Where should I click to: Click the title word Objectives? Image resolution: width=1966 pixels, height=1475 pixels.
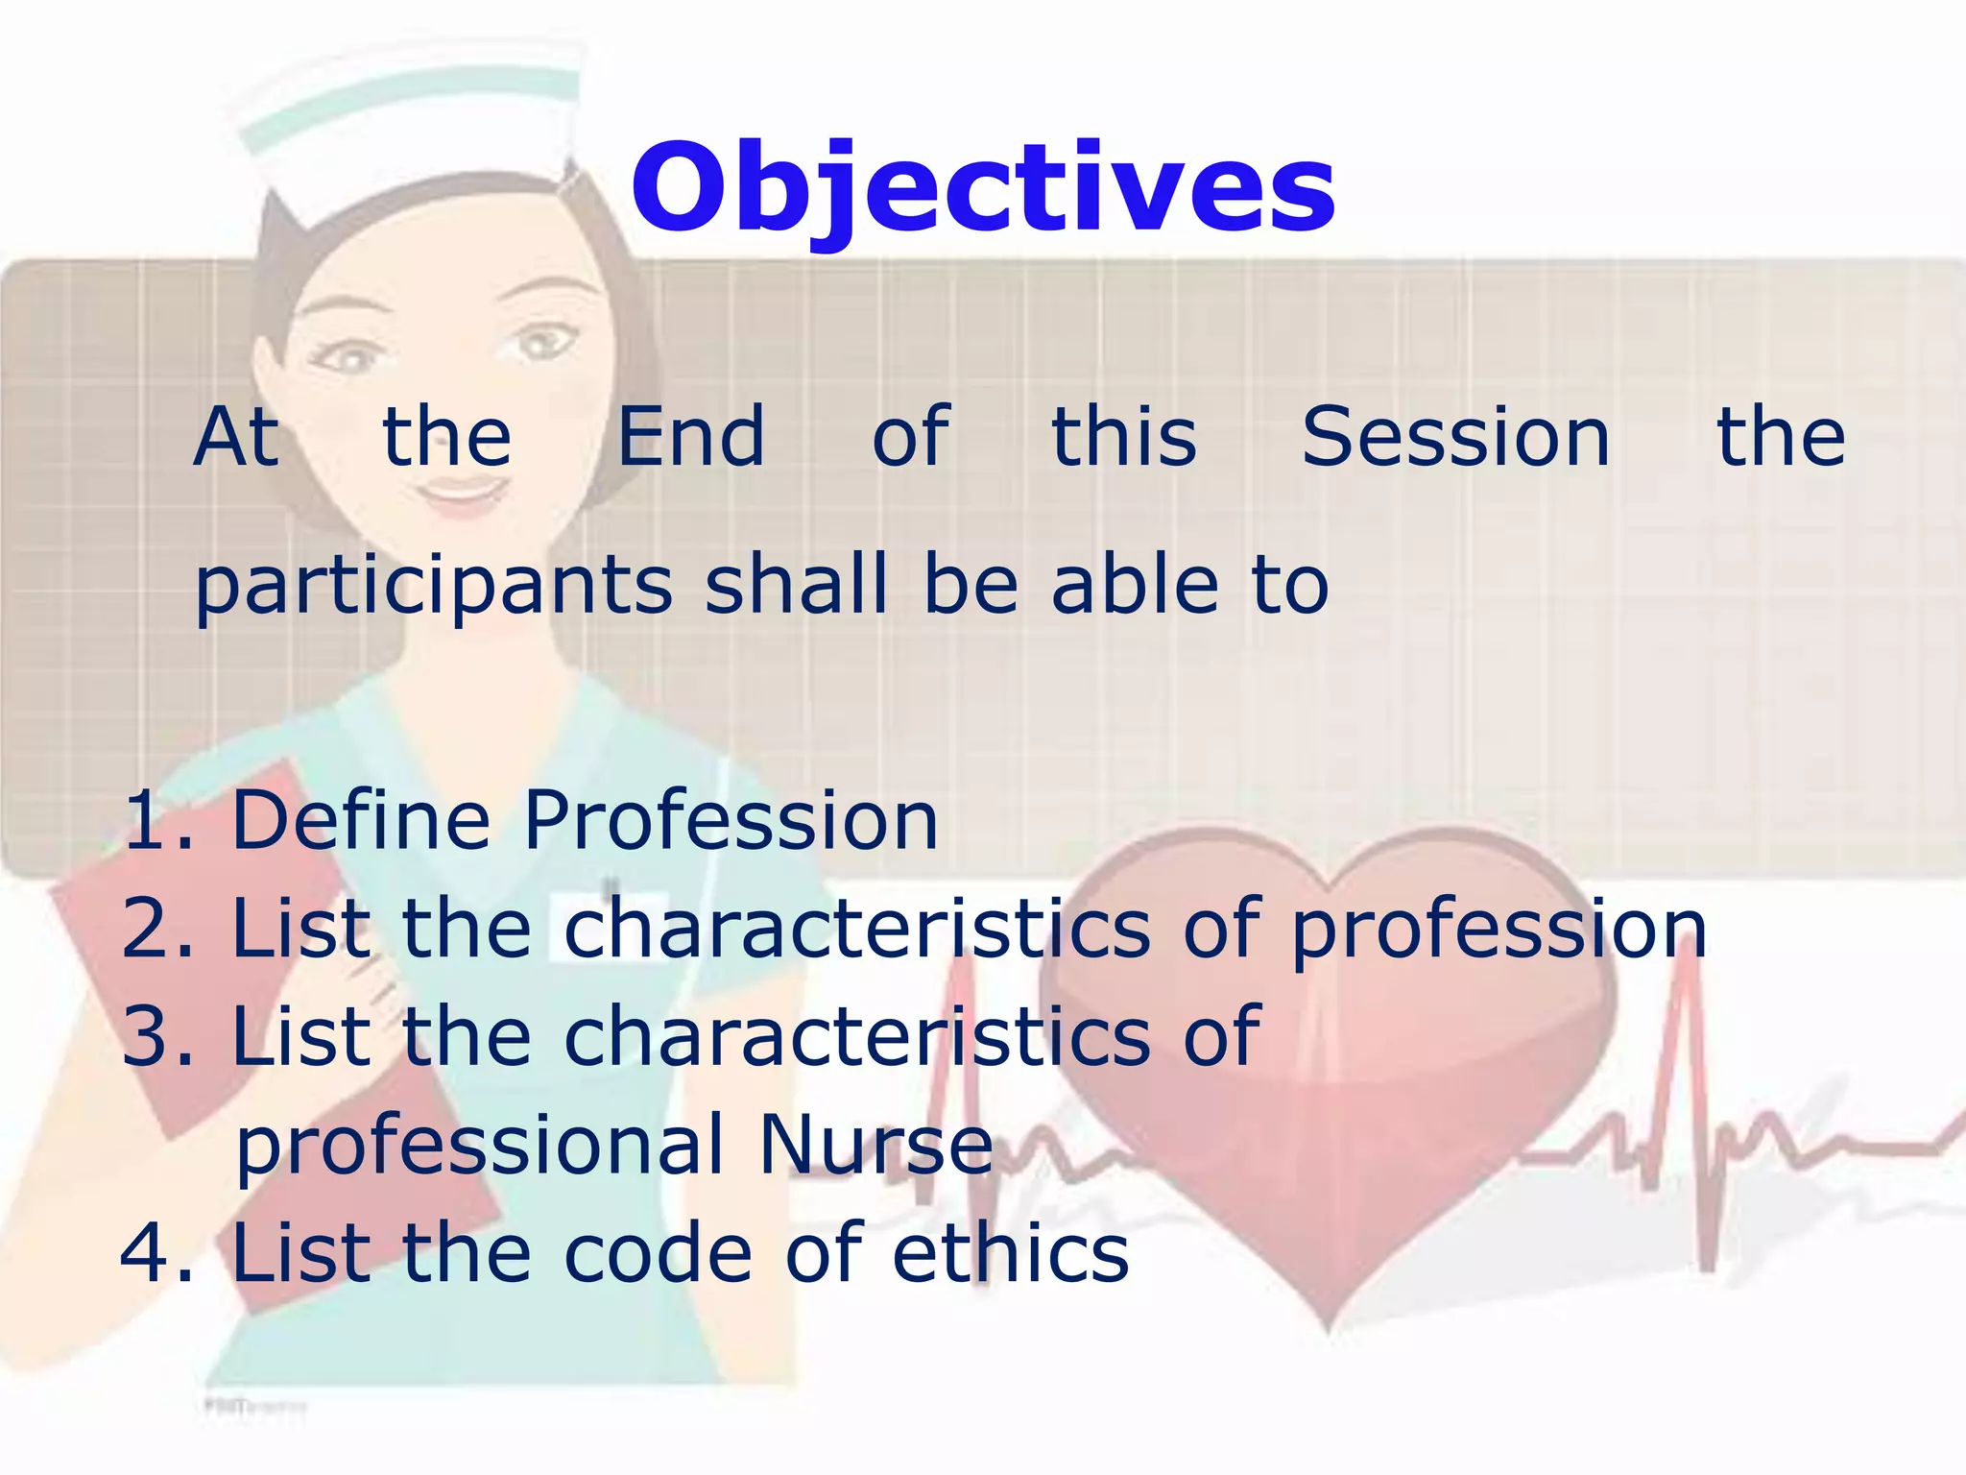click(982, 187)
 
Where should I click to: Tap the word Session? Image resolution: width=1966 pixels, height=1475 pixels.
click(1454, 437)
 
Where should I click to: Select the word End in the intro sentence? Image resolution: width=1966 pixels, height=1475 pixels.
click(690, 437)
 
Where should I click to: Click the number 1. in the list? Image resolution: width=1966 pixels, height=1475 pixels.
click(158, 821)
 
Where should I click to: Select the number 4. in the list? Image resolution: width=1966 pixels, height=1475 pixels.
click(156, 1254)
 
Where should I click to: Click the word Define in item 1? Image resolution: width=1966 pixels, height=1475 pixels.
click(361, 821)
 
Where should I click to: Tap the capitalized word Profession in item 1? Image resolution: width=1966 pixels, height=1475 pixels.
click(731, 821)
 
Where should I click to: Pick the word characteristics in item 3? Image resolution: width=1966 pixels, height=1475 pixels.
click(856, 1037)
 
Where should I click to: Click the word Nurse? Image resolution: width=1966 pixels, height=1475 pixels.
click(875, 1145)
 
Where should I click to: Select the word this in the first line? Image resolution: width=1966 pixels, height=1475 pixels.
click(1124, 437)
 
